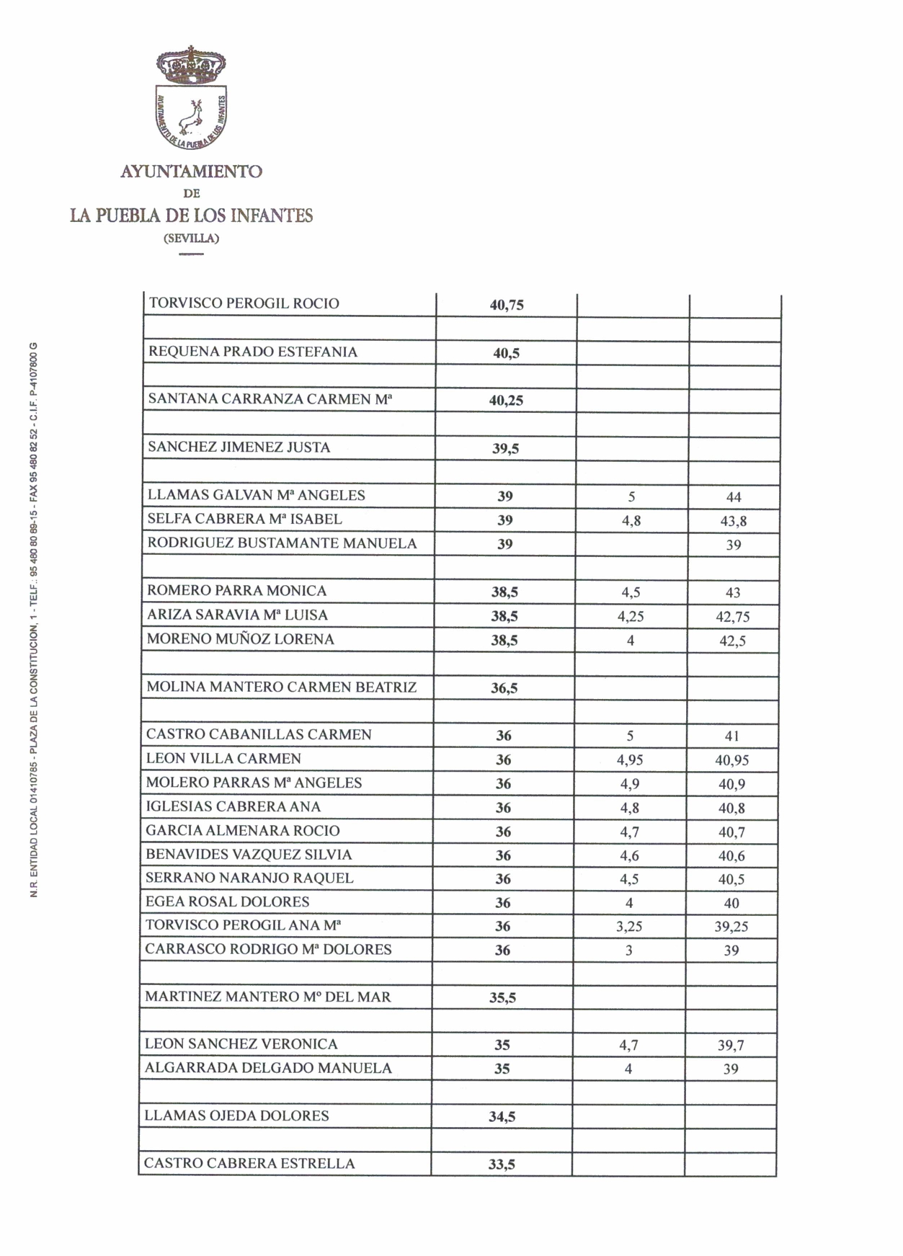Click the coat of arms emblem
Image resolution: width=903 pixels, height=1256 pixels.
coord(191,101)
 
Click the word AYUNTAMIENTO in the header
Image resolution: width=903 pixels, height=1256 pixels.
coord(191,172)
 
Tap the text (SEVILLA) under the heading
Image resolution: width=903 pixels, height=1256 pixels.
coord(191,238)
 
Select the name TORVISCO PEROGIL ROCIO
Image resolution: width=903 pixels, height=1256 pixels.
coord(244,303)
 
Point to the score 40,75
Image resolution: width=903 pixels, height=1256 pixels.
coord(507,305)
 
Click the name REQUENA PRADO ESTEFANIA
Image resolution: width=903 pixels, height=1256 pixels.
coord(253,352)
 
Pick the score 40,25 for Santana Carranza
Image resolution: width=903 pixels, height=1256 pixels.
coord(506,401)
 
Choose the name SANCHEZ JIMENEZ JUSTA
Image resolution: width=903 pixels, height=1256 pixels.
coord(239,447)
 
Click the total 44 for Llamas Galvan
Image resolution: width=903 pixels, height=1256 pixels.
coord(734,497)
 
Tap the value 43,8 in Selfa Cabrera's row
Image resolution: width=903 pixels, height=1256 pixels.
coord(734,521)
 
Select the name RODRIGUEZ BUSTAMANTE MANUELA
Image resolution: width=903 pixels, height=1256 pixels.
coord(282,543)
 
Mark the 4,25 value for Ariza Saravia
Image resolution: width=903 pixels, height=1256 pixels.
coord(631,617)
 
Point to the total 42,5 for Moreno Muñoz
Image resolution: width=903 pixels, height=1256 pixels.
coord(732,641)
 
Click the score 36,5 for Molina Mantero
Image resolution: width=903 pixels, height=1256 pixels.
coord(504,688)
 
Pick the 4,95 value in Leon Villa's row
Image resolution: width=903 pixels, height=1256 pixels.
coord(631,760)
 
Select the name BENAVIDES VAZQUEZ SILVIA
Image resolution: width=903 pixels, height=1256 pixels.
coord(249,855)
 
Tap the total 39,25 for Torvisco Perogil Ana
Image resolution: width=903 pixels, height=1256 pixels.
coord(731,927)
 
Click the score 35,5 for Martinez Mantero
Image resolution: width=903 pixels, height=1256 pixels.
coord(502,998)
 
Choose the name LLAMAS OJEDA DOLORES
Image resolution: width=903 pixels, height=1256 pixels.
coord(236,1115)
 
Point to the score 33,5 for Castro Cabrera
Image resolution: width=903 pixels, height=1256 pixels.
coord(502,1164)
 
